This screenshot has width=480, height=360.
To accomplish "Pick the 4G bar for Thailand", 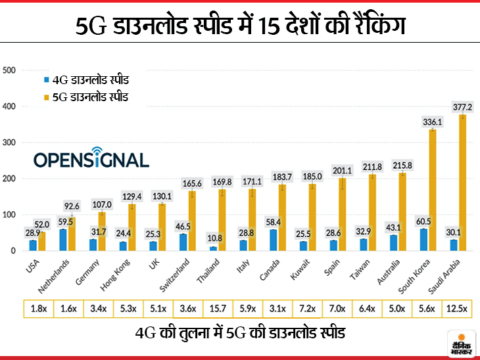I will tap(212, 248).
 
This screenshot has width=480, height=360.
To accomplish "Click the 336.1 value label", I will tap(432, 122).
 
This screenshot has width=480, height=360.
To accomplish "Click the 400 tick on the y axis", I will tap(9, 106).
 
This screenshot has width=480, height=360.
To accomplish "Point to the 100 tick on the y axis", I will tap(9, 215).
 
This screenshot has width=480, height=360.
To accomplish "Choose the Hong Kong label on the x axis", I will tap(114, 275).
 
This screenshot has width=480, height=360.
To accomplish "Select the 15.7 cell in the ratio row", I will tap(217, 308).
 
